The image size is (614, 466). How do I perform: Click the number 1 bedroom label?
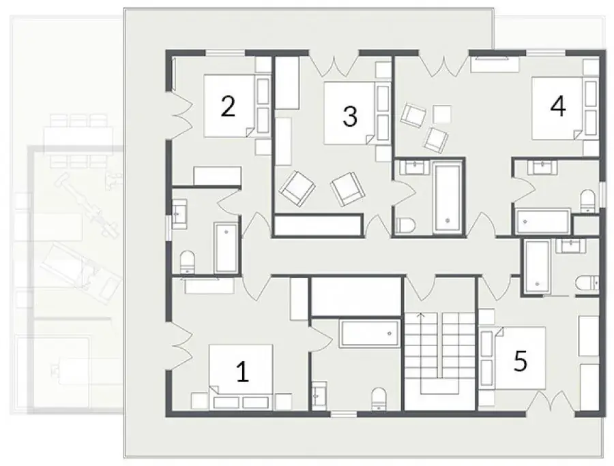pyautogui.click(x=243, y=371)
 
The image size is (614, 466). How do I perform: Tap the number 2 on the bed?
pyautogui.click(x=228, y=106)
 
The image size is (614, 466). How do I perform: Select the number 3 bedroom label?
pyautogui.click(x=350, y=116)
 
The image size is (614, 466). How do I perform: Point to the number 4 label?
pyautogui.click(x=557, y=106)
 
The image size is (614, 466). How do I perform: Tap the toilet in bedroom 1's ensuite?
pyautogui.click(x=379, y=399)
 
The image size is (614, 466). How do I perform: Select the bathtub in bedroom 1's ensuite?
pyautogui.click(x=370, y=333)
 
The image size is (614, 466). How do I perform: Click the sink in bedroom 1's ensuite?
pyautogui.click(x=319, y=395)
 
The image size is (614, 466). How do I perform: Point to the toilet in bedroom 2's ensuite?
pyautogui.click(x=187, y=262)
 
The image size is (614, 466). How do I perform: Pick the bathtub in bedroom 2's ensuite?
pyautogui.click(x=226, y=248)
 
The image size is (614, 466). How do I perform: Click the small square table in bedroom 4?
pyautogui.click(x=442, y=113)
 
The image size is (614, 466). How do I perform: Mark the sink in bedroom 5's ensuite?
pyautogui.click(x=571, y=246)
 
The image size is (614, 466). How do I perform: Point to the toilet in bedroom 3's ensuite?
pyautogui.click(x=406, y=226)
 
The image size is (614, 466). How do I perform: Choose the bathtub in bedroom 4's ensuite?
pyautogui.click(x=543, y=221)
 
